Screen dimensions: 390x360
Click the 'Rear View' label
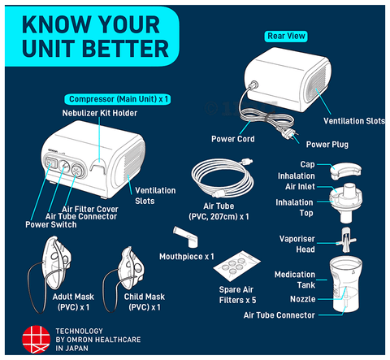286,36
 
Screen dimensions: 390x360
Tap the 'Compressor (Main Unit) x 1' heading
118,99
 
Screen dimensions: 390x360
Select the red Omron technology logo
36,340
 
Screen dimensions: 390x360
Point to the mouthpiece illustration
186,236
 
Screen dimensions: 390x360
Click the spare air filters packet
236,266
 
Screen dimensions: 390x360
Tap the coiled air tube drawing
223,178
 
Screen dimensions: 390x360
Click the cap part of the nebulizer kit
346,170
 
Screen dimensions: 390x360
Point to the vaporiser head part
346,241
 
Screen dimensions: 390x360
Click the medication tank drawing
346,284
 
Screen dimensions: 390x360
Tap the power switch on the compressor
50,163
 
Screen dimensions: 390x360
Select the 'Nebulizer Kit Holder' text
100,113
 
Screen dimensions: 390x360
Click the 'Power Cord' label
233,139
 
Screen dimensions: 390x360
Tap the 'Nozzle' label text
303,299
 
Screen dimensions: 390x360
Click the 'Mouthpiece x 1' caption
187,257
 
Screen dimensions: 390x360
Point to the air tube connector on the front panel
64,167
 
